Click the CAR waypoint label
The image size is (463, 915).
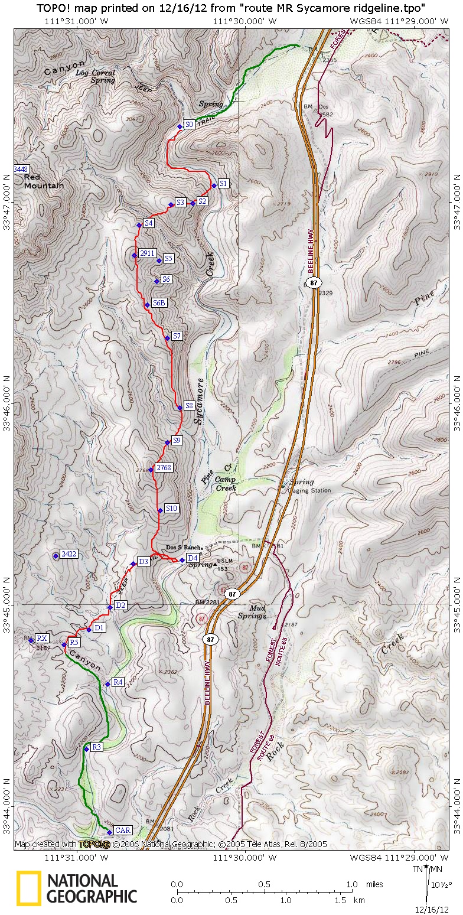click(123, 830)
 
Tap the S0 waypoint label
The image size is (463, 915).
click(189, 125)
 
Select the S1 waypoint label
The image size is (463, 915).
click(223, 184)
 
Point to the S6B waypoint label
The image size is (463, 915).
click(159, 303)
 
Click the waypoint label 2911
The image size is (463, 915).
click(147, 253)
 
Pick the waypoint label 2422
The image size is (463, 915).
click(69, 554)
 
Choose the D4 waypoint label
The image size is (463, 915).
click(193, 558)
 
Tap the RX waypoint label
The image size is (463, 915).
click(41, 639)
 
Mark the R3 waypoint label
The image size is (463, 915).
click(97, 747)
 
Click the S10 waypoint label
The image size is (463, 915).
click(171, 508)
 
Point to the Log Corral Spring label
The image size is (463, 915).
click(96, 76)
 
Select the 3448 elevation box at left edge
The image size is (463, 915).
click(21, 169)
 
